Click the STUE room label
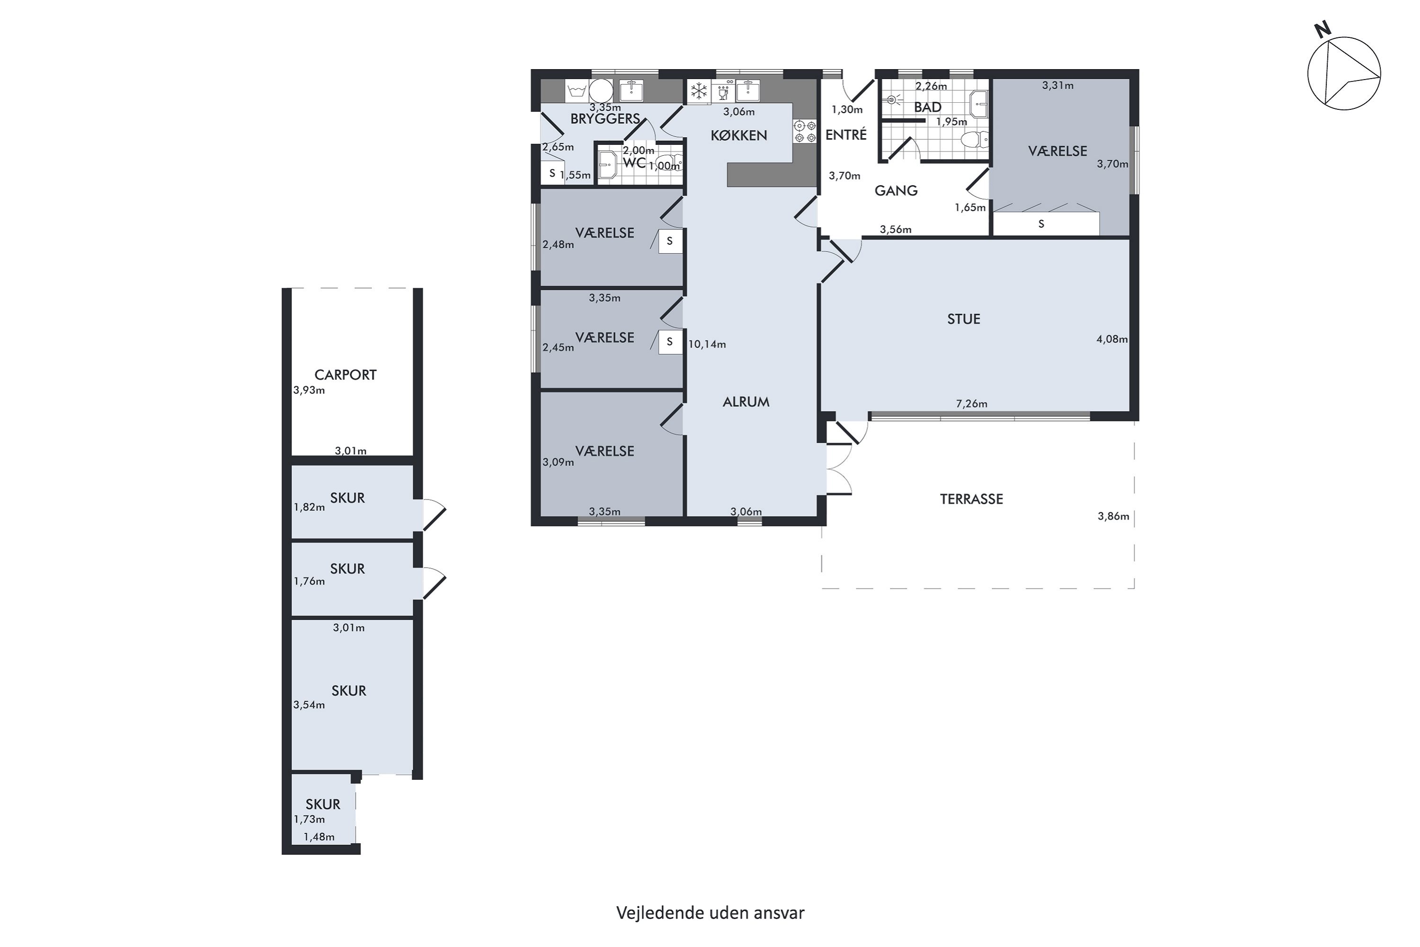964,319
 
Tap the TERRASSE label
971,499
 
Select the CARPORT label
346,375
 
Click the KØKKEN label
739,135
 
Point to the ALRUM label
746,402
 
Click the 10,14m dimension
707,344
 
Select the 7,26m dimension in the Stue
971,403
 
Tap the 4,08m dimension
1112,339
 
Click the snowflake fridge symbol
699,91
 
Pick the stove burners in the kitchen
804,131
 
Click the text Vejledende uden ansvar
710,912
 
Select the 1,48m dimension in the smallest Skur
319,837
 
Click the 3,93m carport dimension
309,390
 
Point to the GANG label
896,191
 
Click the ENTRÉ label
846,134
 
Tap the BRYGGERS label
605,119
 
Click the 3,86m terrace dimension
1113,517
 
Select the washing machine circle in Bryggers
601,91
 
